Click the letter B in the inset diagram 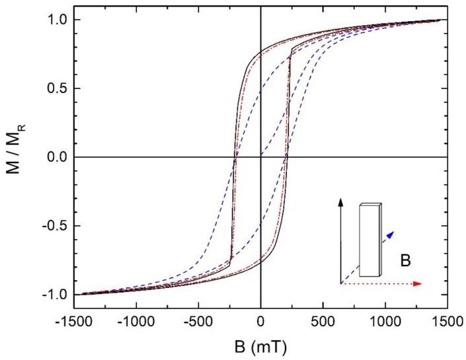point(403,262)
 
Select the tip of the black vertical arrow point(340,199)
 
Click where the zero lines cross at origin point(261,157)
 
